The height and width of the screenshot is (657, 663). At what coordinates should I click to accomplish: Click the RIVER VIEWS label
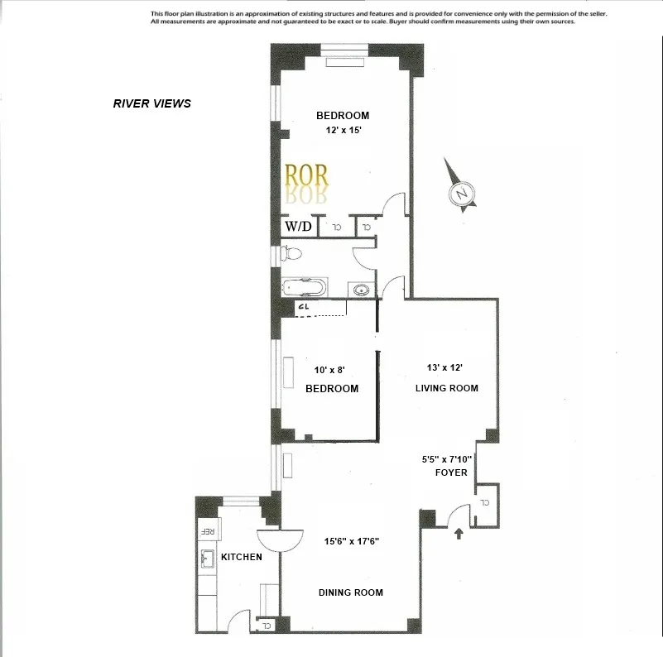click(151, 103)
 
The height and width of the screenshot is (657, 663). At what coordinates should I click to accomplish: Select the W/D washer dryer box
click(299, 226)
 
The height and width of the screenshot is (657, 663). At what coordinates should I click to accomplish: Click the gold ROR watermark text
click(306, 175)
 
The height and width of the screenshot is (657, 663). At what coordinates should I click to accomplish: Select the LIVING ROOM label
click(446, 388)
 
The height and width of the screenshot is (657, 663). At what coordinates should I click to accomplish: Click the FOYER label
click(452, 472)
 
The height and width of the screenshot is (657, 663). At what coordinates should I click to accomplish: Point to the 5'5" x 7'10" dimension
click(447, 458)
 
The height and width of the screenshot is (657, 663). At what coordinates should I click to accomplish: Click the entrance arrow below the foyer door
click(459, 535)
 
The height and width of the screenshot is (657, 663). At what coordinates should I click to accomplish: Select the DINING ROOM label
click(351, 592)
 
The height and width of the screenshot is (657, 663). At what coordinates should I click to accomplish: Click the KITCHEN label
click(241, 557)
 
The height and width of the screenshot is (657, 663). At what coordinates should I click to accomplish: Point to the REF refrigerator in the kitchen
click(209, 531)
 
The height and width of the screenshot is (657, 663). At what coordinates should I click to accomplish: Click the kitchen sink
click(207, 561)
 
